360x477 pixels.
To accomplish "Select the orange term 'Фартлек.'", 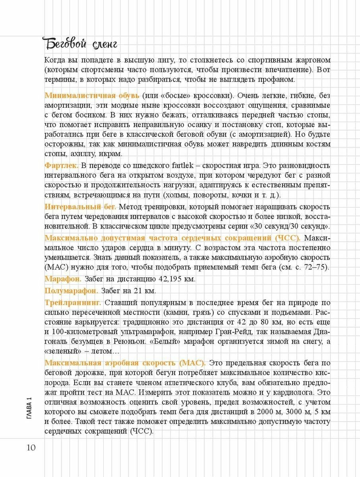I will point(62,165).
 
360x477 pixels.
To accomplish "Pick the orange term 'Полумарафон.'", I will point(72,290).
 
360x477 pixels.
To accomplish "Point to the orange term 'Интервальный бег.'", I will point(80,207).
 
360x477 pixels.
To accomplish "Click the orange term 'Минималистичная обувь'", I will point(92,96).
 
